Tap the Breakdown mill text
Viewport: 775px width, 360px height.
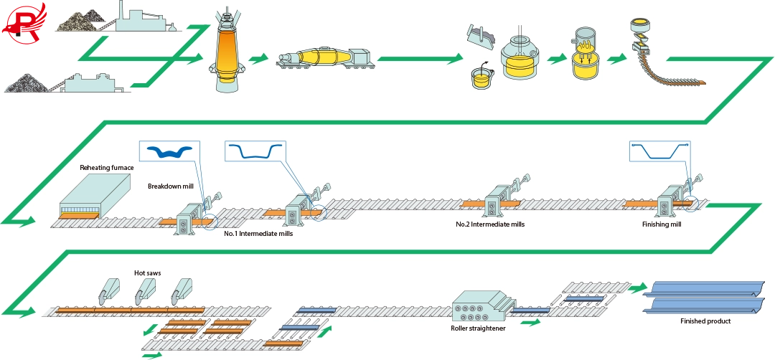pos(171,186)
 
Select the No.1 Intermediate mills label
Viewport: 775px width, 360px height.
pos(258,233)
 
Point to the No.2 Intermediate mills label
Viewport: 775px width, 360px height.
pos(490,224)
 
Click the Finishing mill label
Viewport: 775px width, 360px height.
pos(661,224)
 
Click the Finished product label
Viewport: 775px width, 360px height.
pos(705,321)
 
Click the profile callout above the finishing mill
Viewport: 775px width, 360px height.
pos(660,152)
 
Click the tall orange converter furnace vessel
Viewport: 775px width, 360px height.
pos(227,57)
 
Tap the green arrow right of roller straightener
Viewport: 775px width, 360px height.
pos(530,323)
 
